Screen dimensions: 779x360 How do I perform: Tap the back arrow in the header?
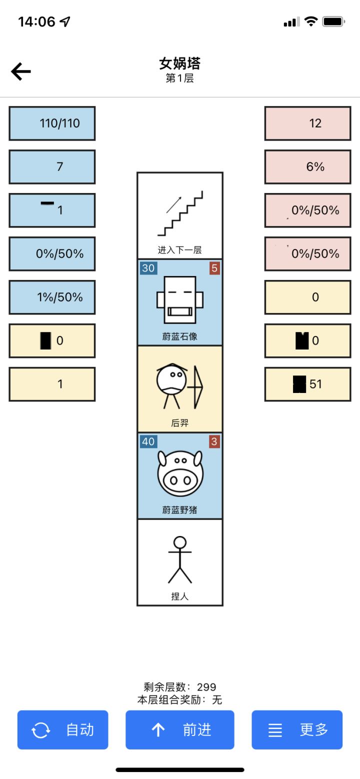[21, 72]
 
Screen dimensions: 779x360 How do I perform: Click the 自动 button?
[63, 730]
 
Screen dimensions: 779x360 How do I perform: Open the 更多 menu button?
[297, 730]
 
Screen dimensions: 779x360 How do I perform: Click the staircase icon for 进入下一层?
[180, 213]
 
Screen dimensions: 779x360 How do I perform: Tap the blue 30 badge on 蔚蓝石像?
[148, 268]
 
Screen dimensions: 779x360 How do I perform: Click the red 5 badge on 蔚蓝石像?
[214, 268]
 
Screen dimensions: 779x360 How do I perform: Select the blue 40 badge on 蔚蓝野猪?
[148, 441]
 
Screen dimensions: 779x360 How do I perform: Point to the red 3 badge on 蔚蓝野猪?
[214, 441]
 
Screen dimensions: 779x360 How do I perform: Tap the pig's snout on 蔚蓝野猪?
[180, 480]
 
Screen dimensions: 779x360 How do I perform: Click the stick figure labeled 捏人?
[180, 560]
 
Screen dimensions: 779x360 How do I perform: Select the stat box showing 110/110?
[52, 123]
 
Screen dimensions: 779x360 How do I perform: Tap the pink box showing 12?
[307, 123]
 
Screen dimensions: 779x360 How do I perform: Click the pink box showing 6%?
[307, 167]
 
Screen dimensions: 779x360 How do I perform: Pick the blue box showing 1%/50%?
[52, 297]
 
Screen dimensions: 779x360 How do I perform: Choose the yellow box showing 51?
[307, 384]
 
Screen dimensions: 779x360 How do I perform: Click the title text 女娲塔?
[180, 63]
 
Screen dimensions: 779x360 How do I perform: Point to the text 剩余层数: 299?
[180, 687]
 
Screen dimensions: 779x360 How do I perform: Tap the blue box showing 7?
[52, 167]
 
